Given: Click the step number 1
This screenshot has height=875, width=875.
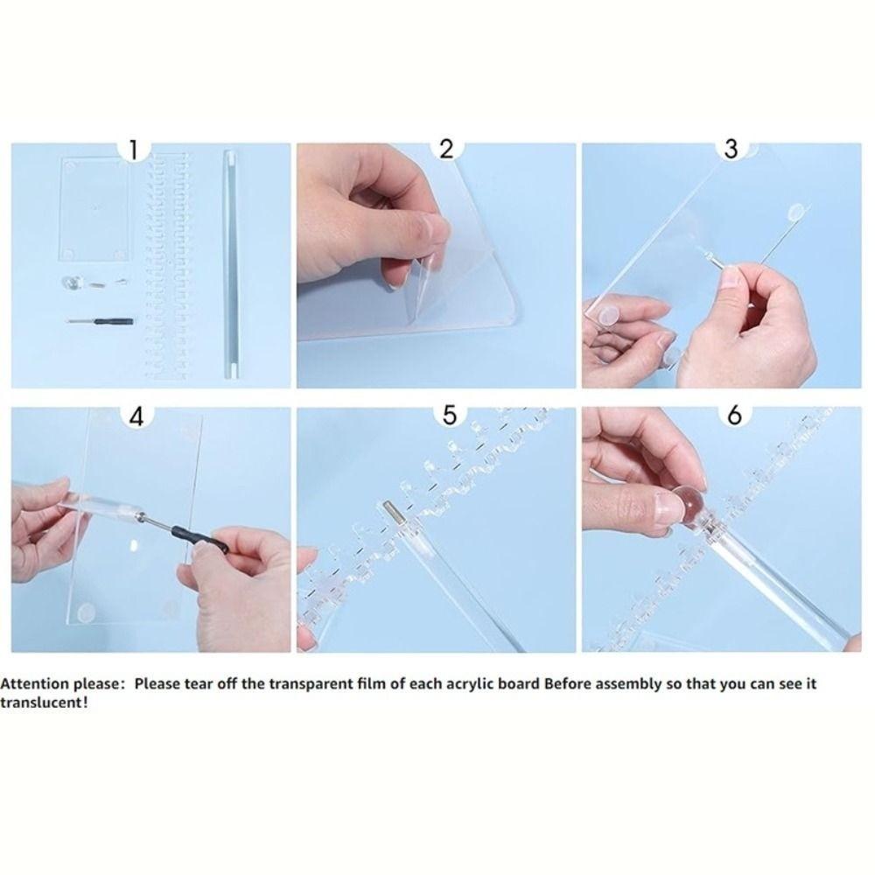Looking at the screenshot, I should [133, 150].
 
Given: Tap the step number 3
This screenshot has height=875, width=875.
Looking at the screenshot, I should [731, 149].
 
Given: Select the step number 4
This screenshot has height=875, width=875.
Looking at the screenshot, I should [136, 416].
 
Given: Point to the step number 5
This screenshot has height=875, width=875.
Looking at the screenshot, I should [449, 415].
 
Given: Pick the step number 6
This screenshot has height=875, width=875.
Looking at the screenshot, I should [734, 415].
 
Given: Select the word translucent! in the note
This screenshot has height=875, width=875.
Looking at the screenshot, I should [44, 703].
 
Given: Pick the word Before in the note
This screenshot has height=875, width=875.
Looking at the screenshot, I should [569, 684].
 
